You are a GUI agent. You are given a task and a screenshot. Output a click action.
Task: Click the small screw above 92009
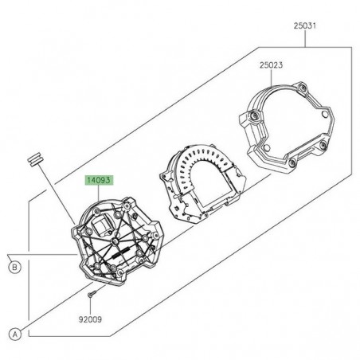[x=94, y=297]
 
